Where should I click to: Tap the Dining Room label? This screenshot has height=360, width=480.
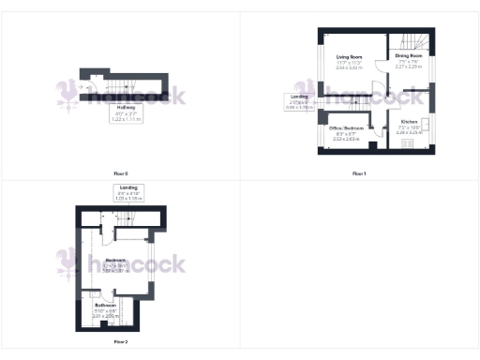pyautogui.click(x=409, y=56)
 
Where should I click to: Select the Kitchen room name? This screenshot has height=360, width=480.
pyautogui.click(x=409, y=122)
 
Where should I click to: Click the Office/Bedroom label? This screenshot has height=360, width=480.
pyautogui.click(x=346, y=127)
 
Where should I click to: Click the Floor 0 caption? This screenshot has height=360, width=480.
pyautogui.click(x=119, y=174)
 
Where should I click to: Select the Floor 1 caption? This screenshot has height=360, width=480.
pyautogui.click(x=359, y=174)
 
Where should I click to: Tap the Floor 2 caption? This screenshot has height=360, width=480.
pyautogui.click(x=120, y=342)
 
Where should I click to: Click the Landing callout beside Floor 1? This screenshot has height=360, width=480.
pyautogui.click(x=300, y=101)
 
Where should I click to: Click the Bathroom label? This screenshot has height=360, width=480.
pyautogui.click(x=104, y=306)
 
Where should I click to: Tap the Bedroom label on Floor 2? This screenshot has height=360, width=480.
pyautogui.click(x=115, y=260)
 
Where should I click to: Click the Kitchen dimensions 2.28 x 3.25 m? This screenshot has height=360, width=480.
pyautogui.click(x=409, y=133)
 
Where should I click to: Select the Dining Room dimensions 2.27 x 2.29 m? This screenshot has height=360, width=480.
pyautogui.click(x=409, y=67)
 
